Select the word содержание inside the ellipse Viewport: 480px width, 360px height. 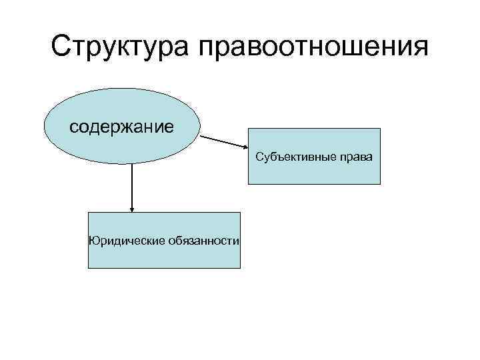[122, 126]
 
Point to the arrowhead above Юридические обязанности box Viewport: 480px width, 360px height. [132, 209]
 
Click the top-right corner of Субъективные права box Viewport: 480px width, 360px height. [380, 129]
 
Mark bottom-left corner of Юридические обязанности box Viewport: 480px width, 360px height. [89, 268]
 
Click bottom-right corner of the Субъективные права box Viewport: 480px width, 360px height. [380, 183]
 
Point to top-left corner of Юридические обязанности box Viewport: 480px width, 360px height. [89, 213]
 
